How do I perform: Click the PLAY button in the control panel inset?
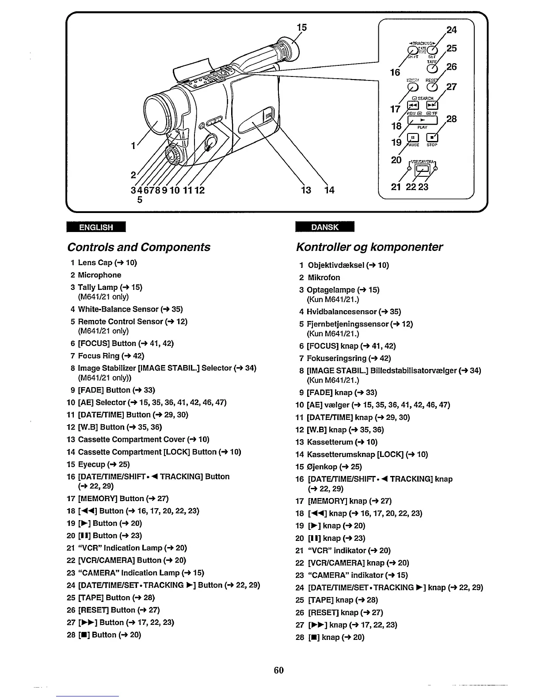click(422, 120)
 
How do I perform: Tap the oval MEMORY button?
click(414, 87)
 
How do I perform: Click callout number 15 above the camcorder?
click(301, 27)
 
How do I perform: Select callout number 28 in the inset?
click(451, 119)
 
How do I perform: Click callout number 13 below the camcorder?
click(306, 190)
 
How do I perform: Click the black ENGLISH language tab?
click(96, 227)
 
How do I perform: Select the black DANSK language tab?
click(325, 227)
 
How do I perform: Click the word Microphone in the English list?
click(99, 275)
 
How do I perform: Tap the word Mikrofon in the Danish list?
click(324, 278)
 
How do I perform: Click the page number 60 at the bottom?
click(278, 670)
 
